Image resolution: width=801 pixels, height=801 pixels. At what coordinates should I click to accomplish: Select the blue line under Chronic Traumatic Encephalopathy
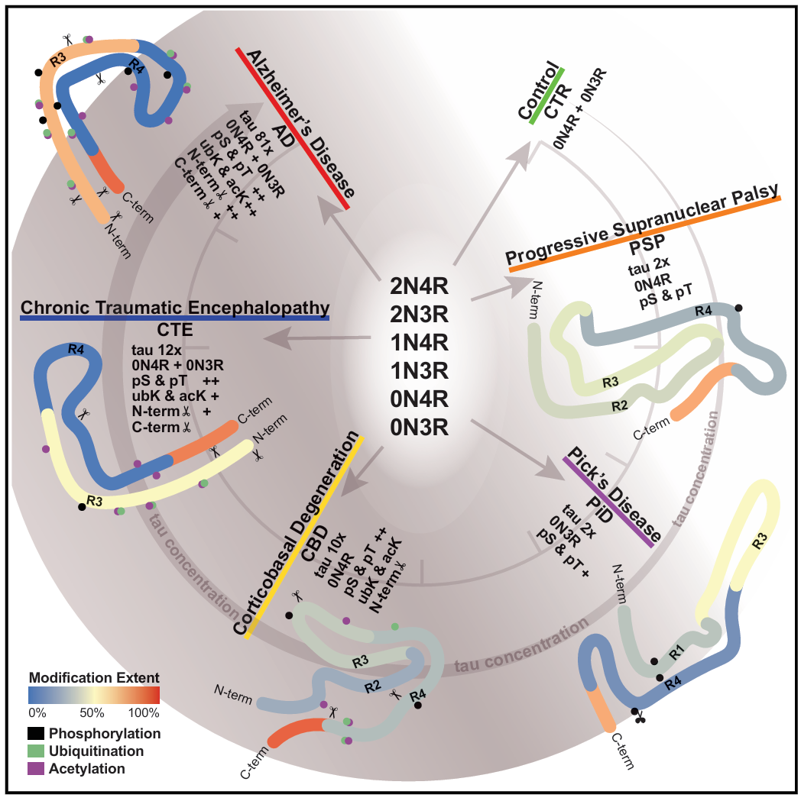(174, 318)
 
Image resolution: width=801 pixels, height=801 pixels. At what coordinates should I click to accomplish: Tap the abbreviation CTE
(174, 331)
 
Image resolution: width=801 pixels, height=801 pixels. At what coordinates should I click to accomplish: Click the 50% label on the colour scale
(92, 713)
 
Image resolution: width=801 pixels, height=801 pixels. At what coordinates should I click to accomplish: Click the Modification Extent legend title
(93, 677)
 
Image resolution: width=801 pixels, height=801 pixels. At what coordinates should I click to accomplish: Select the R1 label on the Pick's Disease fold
(674, 652)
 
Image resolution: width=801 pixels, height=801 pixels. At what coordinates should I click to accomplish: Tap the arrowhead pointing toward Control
(527, 149)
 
